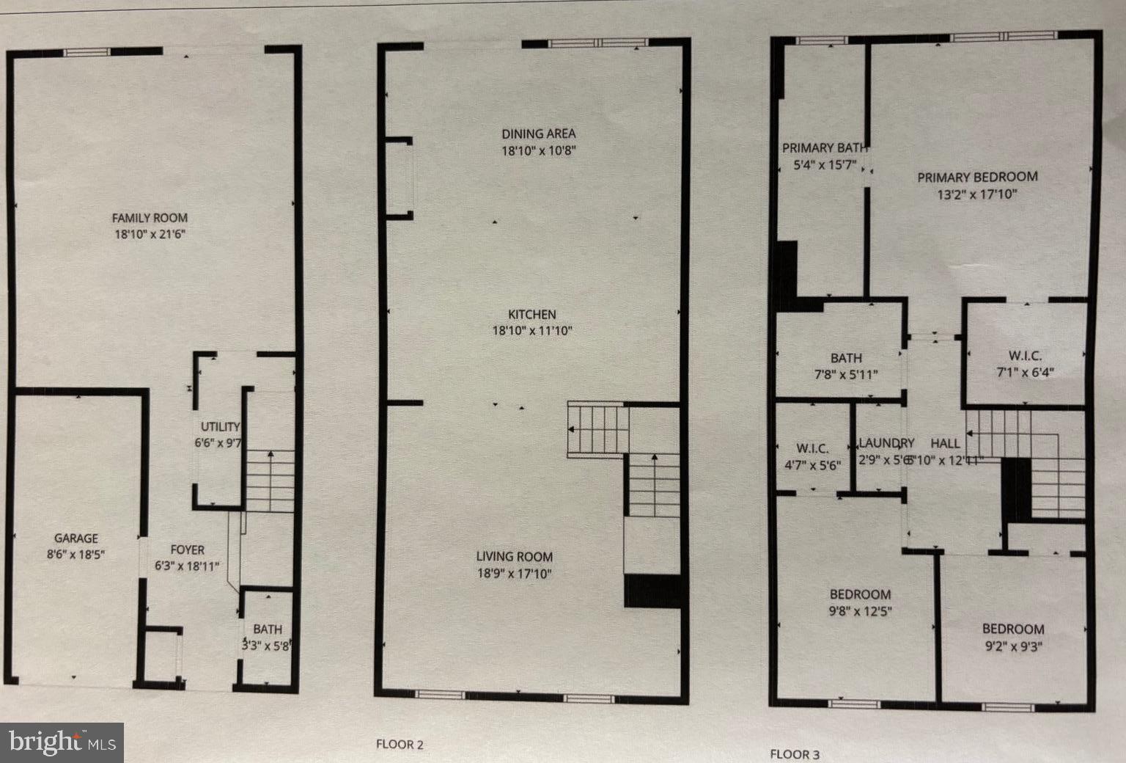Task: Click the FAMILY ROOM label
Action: pyautogui.click(x=150, y=218)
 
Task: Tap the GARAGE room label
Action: pyautogui.click(x=76, y=539)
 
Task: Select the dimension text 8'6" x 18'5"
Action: pyautogui.click(x=76, y=555)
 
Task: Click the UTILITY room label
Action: pyautogui.click(x=221, y=427)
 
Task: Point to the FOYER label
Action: pyautogui.click(x=188, y=550)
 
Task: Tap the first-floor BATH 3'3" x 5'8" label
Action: pyautogui.click(x=268, y=629)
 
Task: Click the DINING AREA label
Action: pyautogui.click(x=538, y=134)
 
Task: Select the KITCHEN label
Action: pyautogui.click(x=532, y=314)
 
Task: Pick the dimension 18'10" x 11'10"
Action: pyautogui.click(x=532, y=331)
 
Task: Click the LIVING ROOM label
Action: pyautogui.click(x=514, y=557)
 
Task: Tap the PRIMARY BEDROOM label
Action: pyautogui.click(x=977, y=177)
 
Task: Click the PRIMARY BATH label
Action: pyautogui.click(x=823, y=148)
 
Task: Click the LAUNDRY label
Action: pyautogui.click(x=886, y=443)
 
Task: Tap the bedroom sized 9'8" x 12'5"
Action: pyautogui.click(x=860, y=602)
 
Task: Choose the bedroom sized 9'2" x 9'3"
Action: pyautogui.click(x=1013, y=637)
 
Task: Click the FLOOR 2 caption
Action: pyautogui.click(x=400, y=744)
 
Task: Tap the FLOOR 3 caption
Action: pyautogui.click(x=795, y=754)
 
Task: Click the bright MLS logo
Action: pyautogui.click(x=62, y=742)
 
